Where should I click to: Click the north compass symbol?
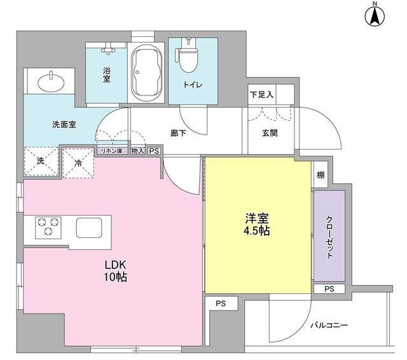(375, 15)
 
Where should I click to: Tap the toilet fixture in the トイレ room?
(188, 56)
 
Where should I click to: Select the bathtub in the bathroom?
(146, 73)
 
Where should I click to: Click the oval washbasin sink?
(51, 83)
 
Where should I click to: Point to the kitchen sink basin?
(89, 228)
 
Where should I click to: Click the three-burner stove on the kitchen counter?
(48, 228)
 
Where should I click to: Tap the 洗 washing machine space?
(41, 161)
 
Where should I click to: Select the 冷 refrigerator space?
(78, 163)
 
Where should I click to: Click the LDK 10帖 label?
(116, 271)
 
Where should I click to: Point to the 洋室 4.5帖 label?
(256, 225)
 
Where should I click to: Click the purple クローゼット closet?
(329, 236)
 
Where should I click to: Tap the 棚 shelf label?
(321, 175)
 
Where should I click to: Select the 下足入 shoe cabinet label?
(261, 95)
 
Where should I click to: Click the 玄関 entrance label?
(270, 133)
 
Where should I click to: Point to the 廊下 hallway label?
(178, 133)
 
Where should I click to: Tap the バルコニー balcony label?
(329, 325)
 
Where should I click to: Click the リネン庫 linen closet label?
(111, 151)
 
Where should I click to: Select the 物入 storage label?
(138, 151)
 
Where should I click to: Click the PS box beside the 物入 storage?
(154, 151)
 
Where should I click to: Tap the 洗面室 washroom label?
(64, 125)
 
